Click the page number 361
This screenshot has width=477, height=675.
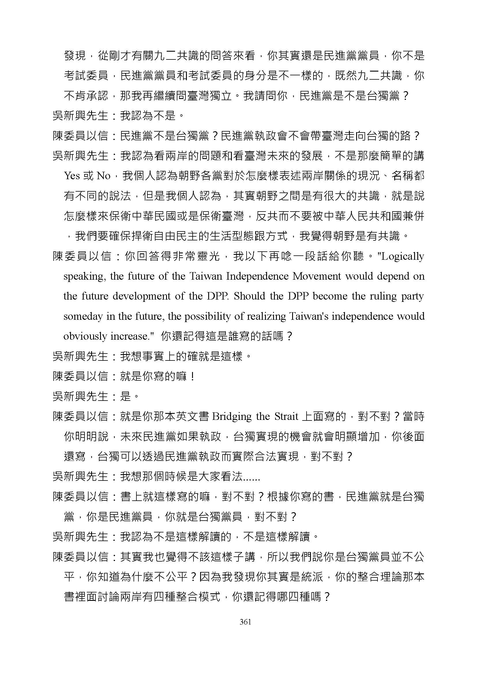coord(245,622)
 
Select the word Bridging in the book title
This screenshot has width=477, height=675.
coord(232,417)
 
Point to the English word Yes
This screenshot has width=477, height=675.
coord(72,176)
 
